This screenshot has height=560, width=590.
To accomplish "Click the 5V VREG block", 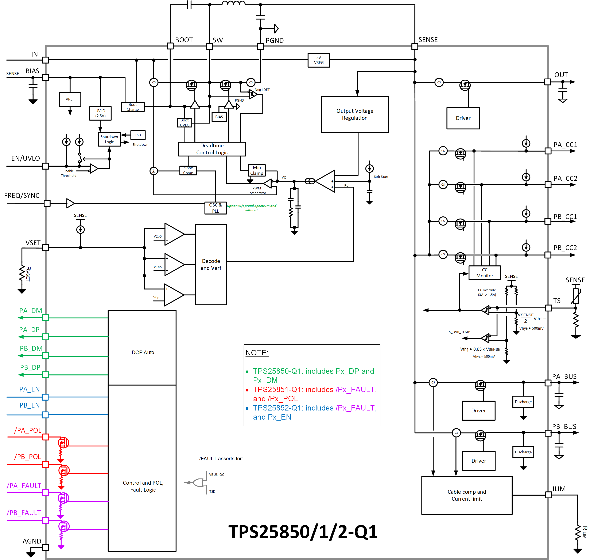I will tap(318, 60).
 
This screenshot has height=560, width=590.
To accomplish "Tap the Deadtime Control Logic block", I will tap(212, 149).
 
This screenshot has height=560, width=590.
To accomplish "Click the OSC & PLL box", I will tap(215, 208).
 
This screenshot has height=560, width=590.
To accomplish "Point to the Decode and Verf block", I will tap(211, 264).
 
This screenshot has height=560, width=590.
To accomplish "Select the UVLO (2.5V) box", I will tap(100, 113).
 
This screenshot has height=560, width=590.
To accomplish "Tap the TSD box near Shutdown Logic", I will tap(138, 135).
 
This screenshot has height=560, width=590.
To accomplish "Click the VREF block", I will tap(70, 99).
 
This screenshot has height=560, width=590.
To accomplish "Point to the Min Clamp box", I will tap(256, 170).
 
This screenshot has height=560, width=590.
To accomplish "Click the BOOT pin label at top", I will tap(184, 40).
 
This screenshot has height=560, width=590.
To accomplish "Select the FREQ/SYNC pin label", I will tap(22, 195).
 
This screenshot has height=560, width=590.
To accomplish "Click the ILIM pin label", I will tap(559, 488).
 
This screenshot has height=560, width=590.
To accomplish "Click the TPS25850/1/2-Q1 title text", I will tap(303, 532).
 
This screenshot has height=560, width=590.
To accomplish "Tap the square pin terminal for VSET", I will tap(45, 247).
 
